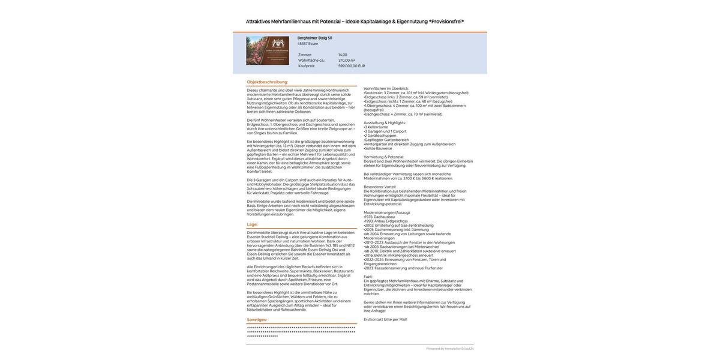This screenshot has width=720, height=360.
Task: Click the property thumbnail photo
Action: pos(268,50)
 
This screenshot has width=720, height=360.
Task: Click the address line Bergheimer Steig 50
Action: pos(314,38)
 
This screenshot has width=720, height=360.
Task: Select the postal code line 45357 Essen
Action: pos(308,44)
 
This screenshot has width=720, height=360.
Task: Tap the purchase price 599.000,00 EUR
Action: pos(352,66)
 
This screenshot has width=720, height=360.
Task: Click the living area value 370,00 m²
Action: pos(347,60)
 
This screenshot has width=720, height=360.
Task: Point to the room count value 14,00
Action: pos(343,55)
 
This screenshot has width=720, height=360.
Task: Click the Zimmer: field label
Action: pos(305,55)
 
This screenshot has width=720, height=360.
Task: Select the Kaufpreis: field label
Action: pos(307,66)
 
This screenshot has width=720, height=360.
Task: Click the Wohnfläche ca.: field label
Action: pos(311,60)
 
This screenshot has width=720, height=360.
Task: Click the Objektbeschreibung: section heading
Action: pos(268,82)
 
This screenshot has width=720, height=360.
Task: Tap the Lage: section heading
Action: pos(253,224)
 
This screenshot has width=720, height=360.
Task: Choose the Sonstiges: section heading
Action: pos(257,320)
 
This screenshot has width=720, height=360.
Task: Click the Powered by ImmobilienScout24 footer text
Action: pos(450,349)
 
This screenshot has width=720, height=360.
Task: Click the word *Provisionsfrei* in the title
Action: pos(446,22)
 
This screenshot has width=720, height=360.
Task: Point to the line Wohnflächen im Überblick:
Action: pos(386,89)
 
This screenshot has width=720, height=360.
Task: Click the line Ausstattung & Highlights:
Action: pos(385,123)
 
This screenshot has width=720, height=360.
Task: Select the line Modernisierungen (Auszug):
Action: pos(387,212)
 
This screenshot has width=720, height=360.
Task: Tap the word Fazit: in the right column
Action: pos(368,277)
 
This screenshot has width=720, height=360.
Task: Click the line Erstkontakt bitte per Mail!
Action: pos(385,320)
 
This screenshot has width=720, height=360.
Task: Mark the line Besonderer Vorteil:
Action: pos(380,187)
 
